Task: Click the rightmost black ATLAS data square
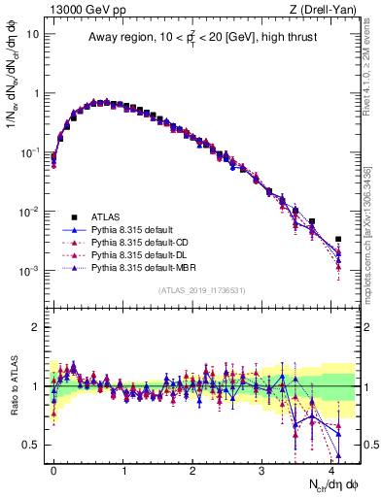[338, 239]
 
